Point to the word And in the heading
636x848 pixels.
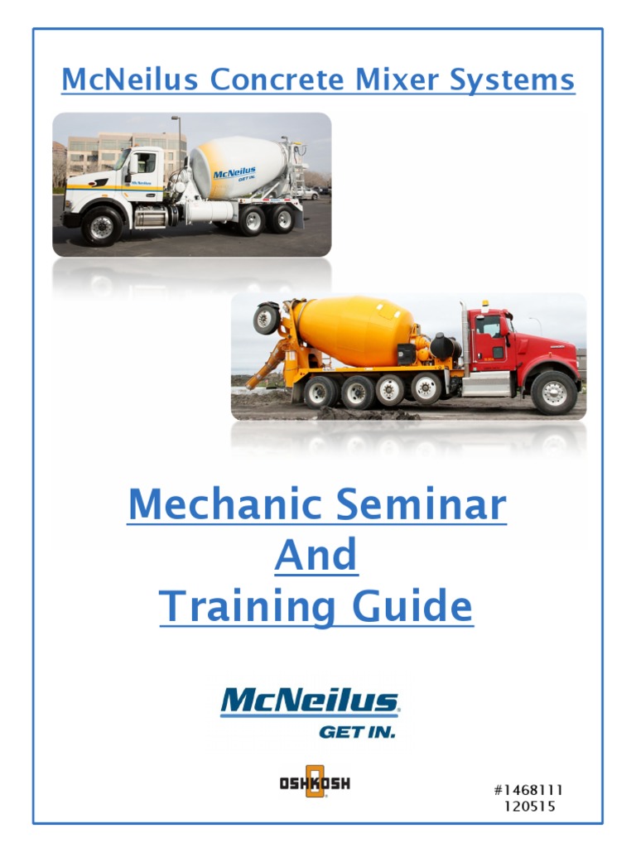(x=316, y=556)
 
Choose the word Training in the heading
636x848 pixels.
(x=248, y=607)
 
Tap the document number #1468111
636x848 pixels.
(x=529, y=789)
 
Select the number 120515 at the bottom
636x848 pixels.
(x=529, y=805)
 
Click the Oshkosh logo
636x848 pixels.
(x=315, y=781)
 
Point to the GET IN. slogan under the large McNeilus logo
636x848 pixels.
(x=357, y=731)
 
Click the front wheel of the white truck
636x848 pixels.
(x=101, y=225)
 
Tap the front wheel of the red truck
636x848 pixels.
(x=553, y=391)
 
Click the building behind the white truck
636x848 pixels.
(x=124, y=149)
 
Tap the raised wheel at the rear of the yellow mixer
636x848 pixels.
(x=267, y=318)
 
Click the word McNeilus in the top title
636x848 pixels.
(x=130, y=80)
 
